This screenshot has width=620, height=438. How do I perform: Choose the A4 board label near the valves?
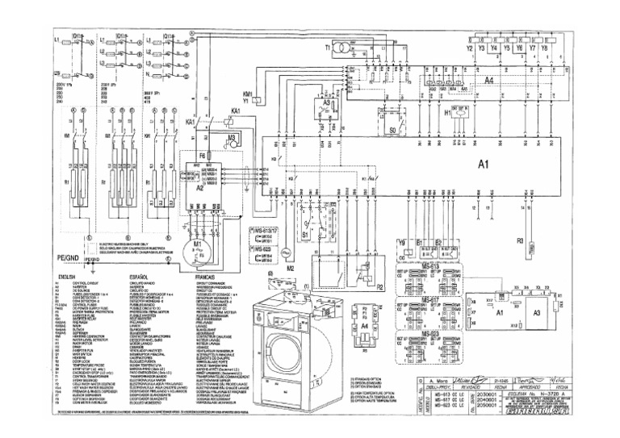tap(489, 81)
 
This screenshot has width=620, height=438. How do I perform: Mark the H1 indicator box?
tap(458, 115)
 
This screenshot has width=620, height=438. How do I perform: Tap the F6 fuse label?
tap(203, 152)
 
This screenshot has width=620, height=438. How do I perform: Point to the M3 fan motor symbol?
tap(232, 140)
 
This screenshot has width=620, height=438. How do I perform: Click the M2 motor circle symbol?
tap(293, 255)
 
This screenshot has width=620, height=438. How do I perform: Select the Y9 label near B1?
tap(401, 241)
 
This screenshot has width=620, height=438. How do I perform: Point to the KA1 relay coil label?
tap(237, 109)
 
